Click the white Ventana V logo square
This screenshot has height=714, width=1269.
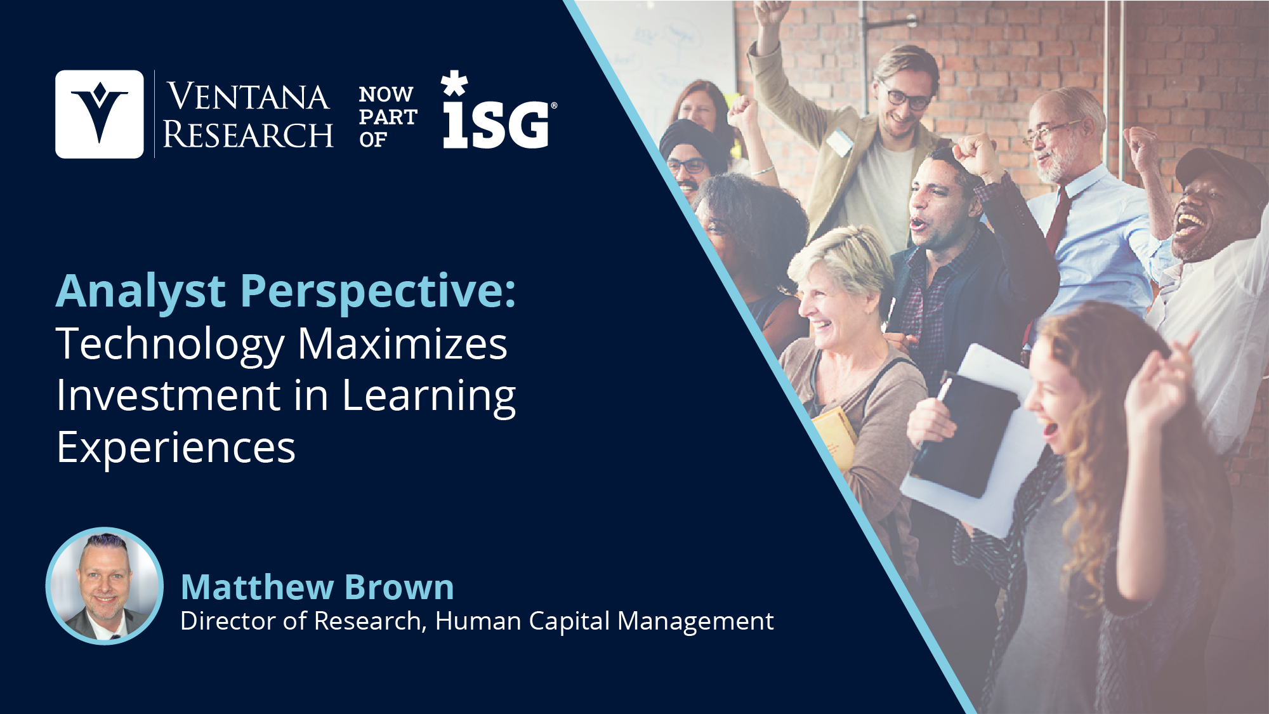click(x=100, y=114)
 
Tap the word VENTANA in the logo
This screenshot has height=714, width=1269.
click(x=248, y=96)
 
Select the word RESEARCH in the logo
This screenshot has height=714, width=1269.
click(x=248, y=135)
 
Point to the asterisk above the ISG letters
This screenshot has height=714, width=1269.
click(x=454, y=83)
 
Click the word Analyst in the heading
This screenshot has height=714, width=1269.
click(x=141, y=292)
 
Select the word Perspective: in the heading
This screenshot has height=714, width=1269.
click(x=379, y=292)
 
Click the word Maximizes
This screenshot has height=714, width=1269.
click(x=403, y=344)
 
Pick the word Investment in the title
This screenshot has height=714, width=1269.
click(x=168, y=395)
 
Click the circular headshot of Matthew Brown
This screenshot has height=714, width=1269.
click(x=105, y=586)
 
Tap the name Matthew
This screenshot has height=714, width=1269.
click(x=256, y=587)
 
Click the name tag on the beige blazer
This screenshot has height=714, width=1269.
click(x=839, y=142)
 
